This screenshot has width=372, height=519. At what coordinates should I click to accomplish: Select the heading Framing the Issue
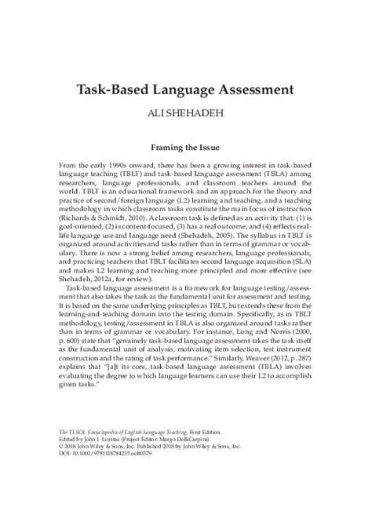186,146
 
